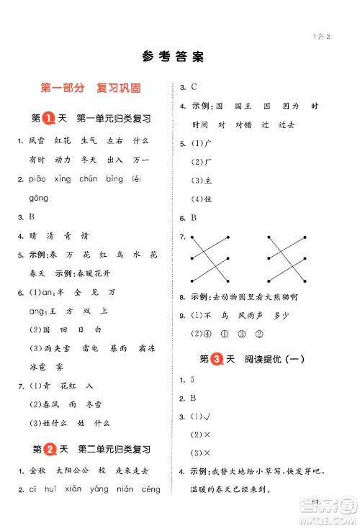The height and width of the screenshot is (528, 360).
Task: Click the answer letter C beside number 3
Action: tap(194, 87)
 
